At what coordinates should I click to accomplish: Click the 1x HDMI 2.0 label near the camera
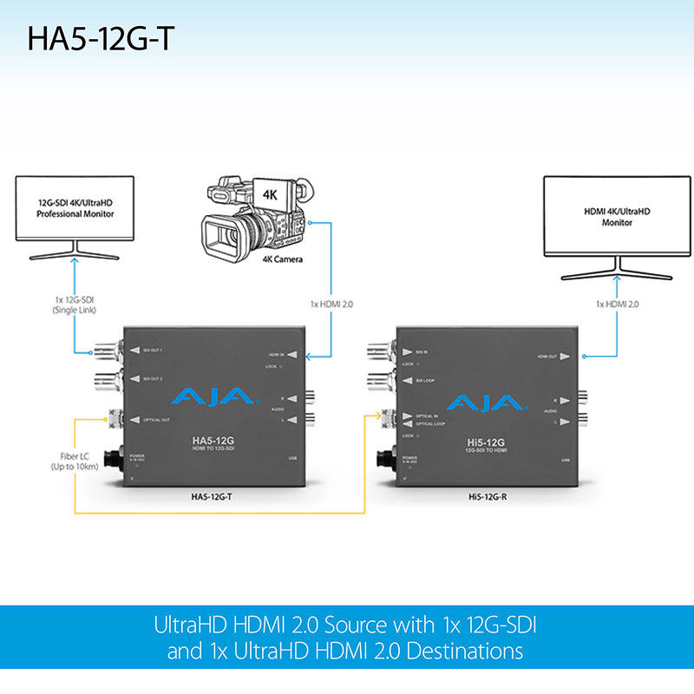331,304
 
